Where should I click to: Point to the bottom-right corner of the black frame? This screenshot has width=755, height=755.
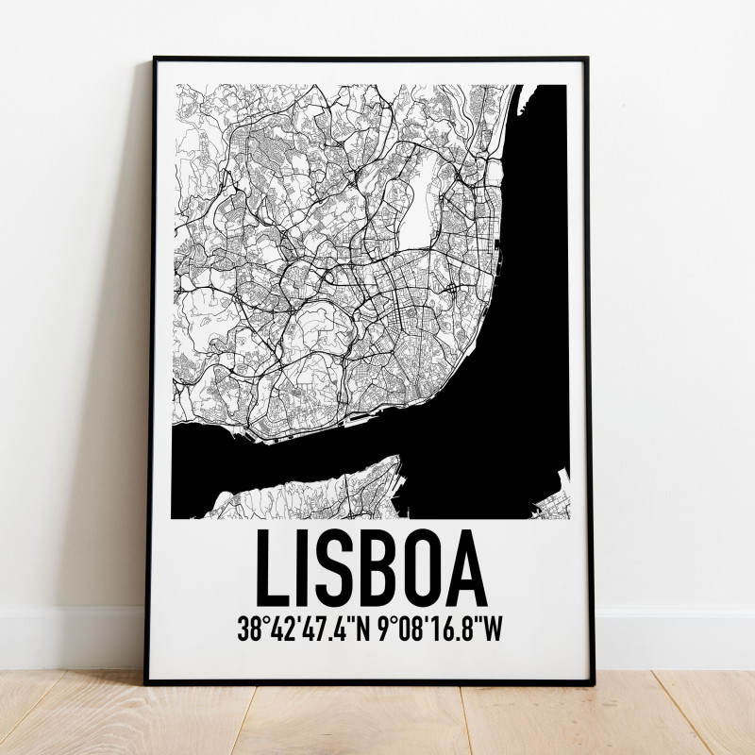(589, 681)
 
